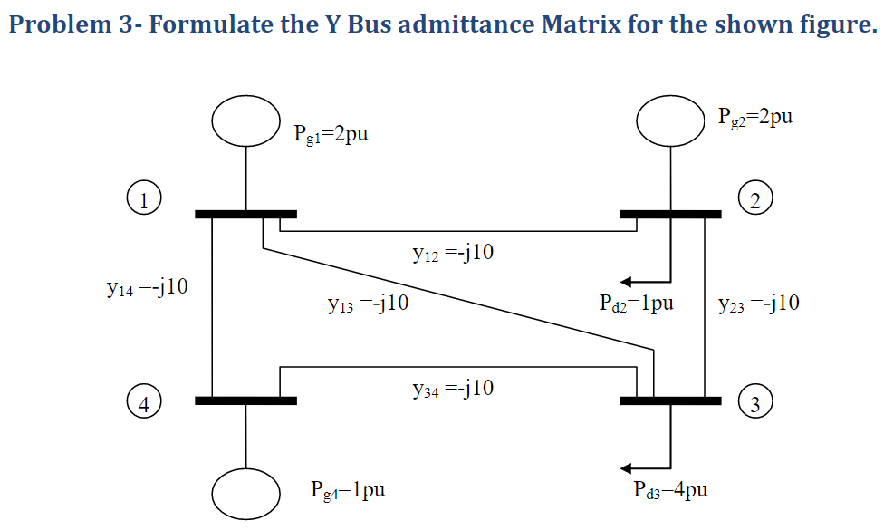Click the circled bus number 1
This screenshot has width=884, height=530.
tap(144, 200)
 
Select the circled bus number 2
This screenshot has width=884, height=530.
tap(754, 200)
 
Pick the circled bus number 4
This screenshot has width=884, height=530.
tap(144, 404)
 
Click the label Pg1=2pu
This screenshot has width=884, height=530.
tap(331, 134)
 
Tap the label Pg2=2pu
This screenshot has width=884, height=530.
tap(754, 117)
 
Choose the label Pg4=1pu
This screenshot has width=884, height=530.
tap(347, 490)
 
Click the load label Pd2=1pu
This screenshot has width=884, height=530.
tap(636, 304)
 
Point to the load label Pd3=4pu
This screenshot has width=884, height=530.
tap(669, 489)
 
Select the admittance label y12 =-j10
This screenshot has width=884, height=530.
tap(453, 253)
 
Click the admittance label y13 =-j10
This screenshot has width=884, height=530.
tap(368, 304)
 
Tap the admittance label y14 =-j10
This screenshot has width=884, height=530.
tap(147, 287)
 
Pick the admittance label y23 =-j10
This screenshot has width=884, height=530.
tap(758, 304)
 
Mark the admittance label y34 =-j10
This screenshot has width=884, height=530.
tap(453, 389)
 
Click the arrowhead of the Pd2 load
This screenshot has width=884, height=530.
tap(626, 282)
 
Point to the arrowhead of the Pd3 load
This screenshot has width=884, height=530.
tap(626, 468)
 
